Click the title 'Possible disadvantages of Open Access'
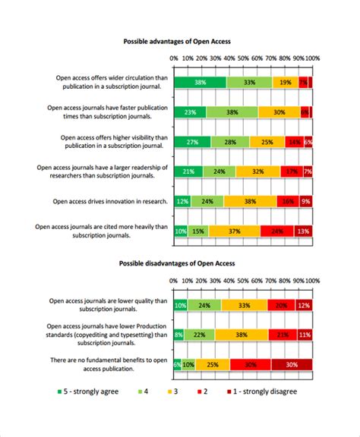tap(177, 263)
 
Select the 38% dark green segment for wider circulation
tap(200, 82)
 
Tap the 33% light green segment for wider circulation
tap(249, 82)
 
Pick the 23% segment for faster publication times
tap(190, 112)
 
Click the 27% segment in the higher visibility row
tap(192, 142)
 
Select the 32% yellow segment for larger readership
tap(257, 171)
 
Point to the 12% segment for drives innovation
tap(182, 201)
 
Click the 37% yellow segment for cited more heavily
tap(234, 231)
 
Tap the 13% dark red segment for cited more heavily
tap(303, 231)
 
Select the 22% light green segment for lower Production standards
tap(200, 335)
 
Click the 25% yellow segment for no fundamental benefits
tap(213, 364)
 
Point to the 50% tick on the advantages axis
tap(243, 58)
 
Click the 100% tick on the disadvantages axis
tap(312, 281)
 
